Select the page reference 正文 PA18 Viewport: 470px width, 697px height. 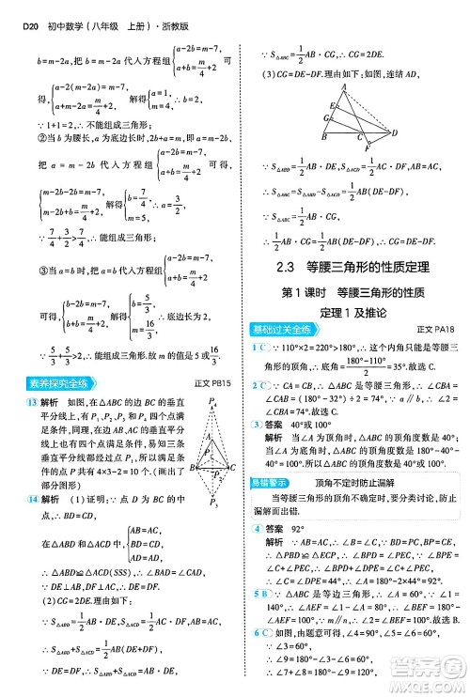coord(434,329)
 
